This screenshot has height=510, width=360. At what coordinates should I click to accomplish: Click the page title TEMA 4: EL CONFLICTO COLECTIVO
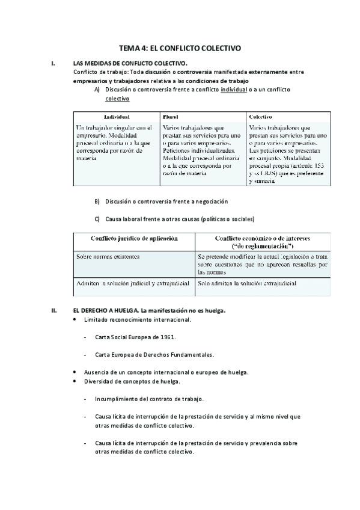[x=180, y=48]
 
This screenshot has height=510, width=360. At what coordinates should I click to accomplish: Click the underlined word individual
[x=234, y=90]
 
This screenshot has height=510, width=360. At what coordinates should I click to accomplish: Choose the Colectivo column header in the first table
[x=260, y=116]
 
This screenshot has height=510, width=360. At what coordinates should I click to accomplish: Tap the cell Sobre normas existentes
[x=108, y=256]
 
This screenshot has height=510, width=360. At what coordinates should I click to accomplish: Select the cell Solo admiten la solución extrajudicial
[x=246, y=283]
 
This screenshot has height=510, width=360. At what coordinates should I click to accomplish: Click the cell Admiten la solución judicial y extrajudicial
[x=133, y=283]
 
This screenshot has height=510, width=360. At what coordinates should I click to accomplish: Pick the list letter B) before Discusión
[x=97, y=201]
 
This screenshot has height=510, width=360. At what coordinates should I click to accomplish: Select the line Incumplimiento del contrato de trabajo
[x=149, y=399]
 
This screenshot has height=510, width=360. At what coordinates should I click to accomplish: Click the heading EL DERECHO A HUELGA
[x=105, y=310]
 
